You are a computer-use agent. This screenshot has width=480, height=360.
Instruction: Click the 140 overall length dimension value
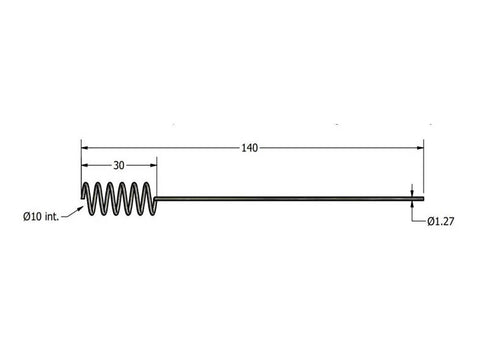pyautogui.click(x=250, y=148)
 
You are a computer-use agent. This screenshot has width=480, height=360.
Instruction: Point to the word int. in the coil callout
pyautogui.click(x=51, y=215)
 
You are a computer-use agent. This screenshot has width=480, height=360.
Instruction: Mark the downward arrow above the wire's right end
pyautogui.click(x=412, y=190)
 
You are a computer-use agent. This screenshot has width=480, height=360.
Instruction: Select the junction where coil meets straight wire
pyautogui.click(x=158, y=197)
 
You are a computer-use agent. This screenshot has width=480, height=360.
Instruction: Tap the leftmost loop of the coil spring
pyautogui.click(x=87, y=198)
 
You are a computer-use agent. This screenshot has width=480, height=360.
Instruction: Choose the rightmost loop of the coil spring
pyautogui.click(x=149, y=198)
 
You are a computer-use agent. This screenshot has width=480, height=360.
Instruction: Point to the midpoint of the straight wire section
pyautogui.click(x=290, y=197)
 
